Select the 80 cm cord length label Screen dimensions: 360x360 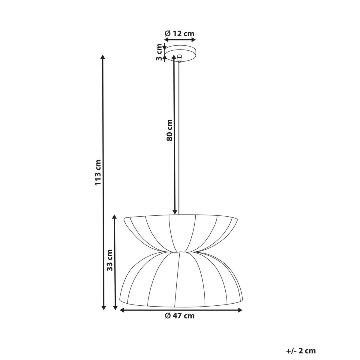point(169,130)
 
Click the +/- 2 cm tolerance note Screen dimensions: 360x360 point(301,350)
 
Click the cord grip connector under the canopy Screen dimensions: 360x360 point(179,57)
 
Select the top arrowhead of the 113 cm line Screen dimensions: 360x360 point(103,57)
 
